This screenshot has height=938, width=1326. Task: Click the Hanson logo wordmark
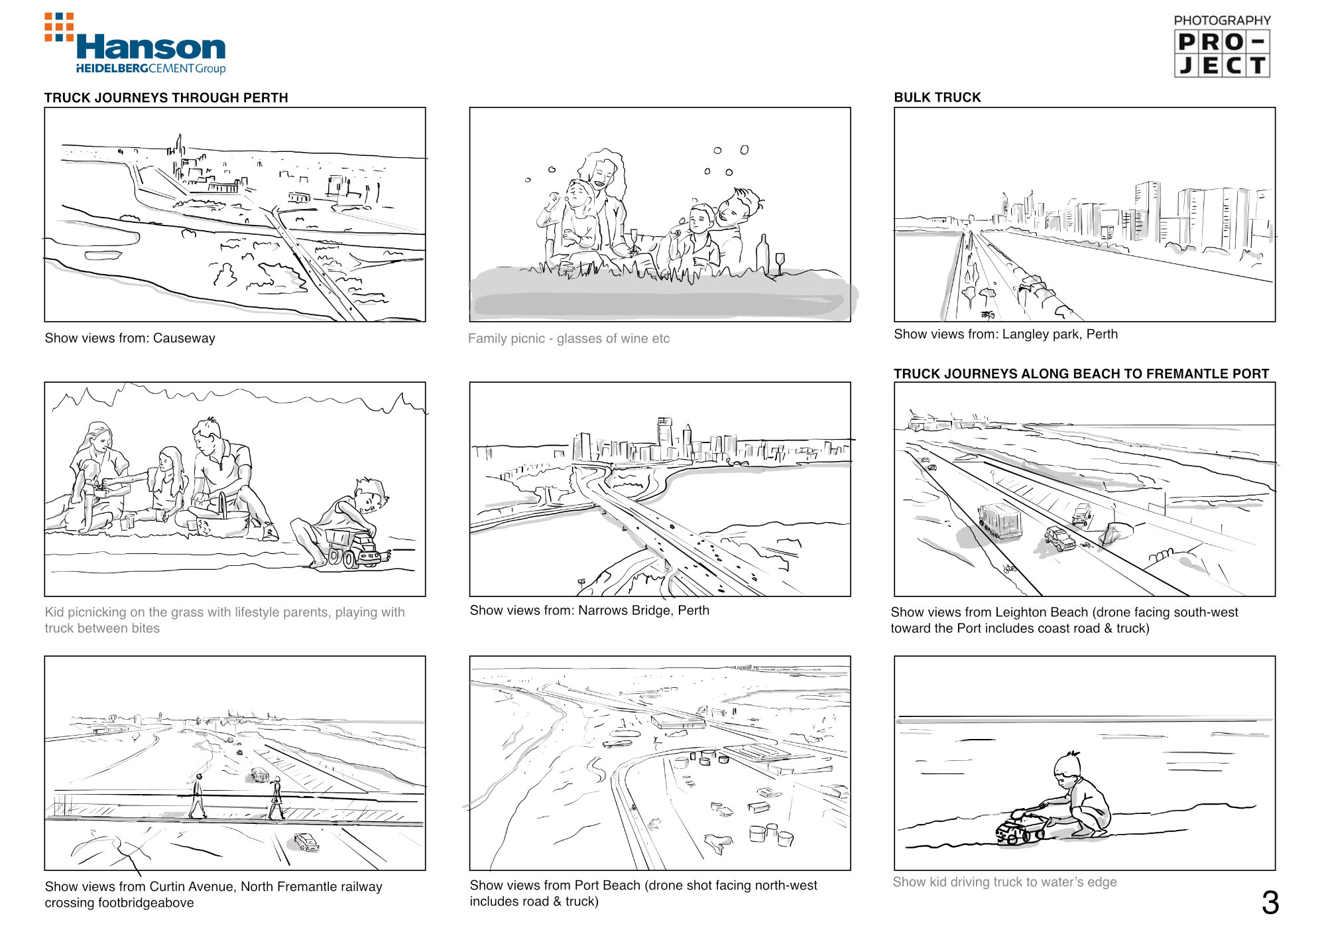coord(151,47)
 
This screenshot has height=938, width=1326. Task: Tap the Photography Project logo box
coord(1222,54)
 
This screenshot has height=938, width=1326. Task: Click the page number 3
coord(1270,902)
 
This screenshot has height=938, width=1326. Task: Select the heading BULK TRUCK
coord(937,98)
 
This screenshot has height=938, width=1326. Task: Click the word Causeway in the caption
coord(184,338)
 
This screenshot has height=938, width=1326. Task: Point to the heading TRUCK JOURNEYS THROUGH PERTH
coord(166,98)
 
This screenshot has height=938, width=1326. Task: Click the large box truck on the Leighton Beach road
coord(1000,521)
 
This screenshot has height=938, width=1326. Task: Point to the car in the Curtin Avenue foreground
coord(306,842)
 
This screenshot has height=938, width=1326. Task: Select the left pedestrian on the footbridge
coord(197,796)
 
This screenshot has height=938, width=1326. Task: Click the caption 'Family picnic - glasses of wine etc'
coord(569,338)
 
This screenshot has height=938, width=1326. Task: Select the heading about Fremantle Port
coord(1081,373)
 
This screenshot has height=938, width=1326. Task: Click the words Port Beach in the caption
coord(607,885)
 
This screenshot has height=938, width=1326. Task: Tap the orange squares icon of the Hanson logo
coord(59,27)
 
